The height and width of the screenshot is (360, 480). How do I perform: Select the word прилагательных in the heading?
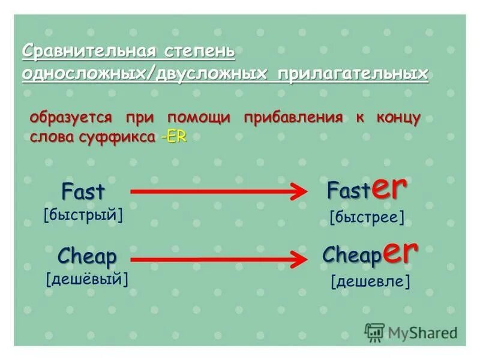[x=353, y=74]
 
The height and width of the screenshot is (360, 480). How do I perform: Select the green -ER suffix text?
[x=173, y=136]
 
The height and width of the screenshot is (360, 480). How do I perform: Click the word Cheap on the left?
[x=88, y=256]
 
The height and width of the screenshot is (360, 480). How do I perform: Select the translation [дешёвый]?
[x=87, y=278]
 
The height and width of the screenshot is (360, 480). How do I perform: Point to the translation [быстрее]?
[x=367, y=217]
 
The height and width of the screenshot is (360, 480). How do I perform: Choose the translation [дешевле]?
[x=370, y=281]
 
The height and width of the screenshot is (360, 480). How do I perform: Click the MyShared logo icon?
[x=374, y=332]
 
